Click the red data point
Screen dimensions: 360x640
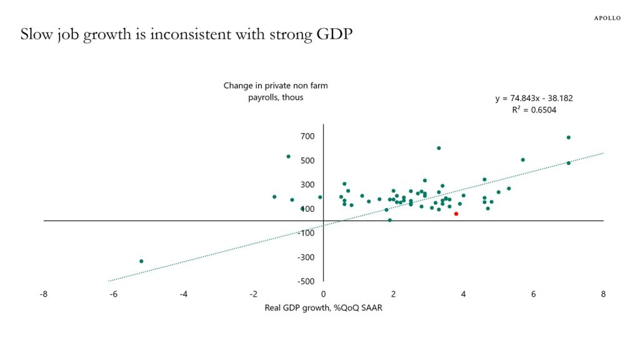click(x=456, y=214)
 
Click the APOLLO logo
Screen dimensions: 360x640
click(x=607, y=18)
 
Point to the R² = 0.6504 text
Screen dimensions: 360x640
click(x=534, y=110)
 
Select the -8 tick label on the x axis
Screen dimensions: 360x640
click(x=42, y=294)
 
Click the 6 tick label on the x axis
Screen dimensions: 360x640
click(x=533, y=294)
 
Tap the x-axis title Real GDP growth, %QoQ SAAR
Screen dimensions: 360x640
click(x=323, y=307)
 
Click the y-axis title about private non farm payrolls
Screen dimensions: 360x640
click(x=276, y=91)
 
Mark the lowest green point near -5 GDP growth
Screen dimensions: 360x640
click(x=141, y=261)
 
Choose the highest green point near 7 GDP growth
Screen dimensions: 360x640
click(x=568, y=137)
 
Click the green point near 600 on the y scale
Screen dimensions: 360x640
click(x=439, y=148)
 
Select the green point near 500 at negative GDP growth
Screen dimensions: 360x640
click(x=288, y=156)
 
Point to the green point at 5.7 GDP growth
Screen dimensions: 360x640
click(x=522, y=159)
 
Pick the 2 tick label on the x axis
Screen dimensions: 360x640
click(x=393, y=294)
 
